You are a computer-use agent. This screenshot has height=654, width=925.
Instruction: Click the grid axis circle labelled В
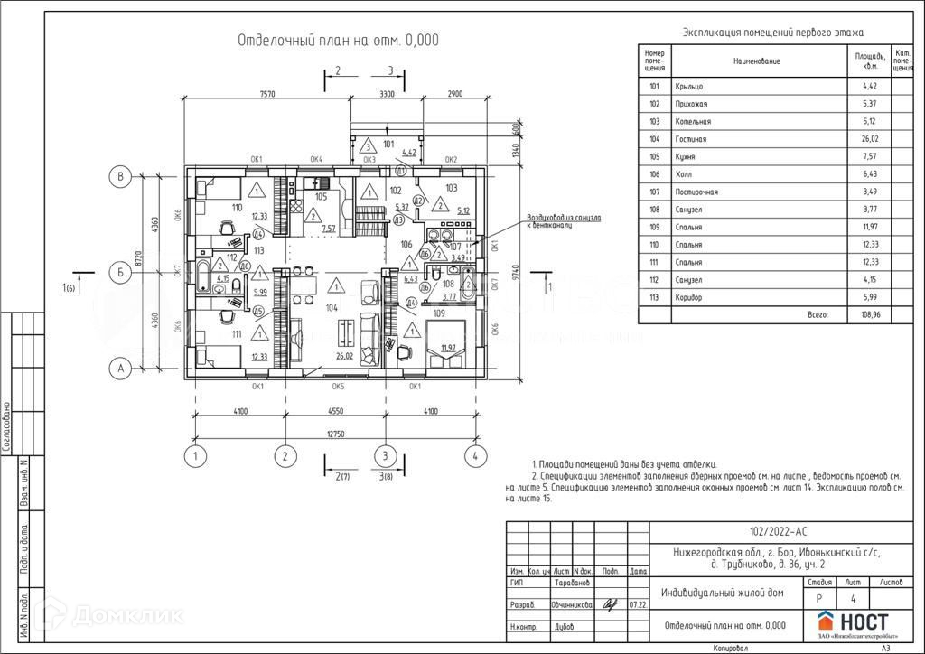120,176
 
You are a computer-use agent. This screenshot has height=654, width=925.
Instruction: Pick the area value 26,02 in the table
867,139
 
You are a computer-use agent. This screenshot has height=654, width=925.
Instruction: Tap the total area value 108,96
867,315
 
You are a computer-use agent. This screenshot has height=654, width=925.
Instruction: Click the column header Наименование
756,61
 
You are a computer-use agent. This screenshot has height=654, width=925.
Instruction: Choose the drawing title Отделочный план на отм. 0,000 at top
338,40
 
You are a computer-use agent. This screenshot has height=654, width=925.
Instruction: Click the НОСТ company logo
853,622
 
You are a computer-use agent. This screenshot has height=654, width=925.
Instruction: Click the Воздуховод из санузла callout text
559,221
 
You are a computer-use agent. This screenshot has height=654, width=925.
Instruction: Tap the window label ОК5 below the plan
338,386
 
